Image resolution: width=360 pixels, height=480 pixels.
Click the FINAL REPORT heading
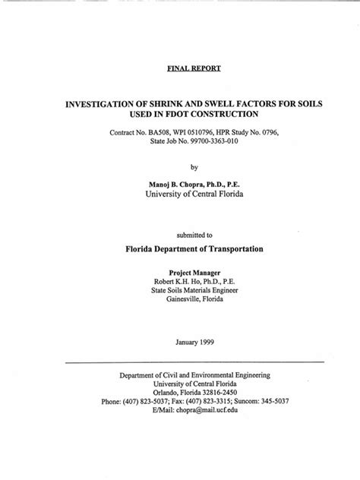[194, 68]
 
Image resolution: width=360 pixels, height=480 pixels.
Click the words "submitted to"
[193, 235]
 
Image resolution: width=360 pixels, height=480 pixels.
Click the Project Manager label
[194, 271]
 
